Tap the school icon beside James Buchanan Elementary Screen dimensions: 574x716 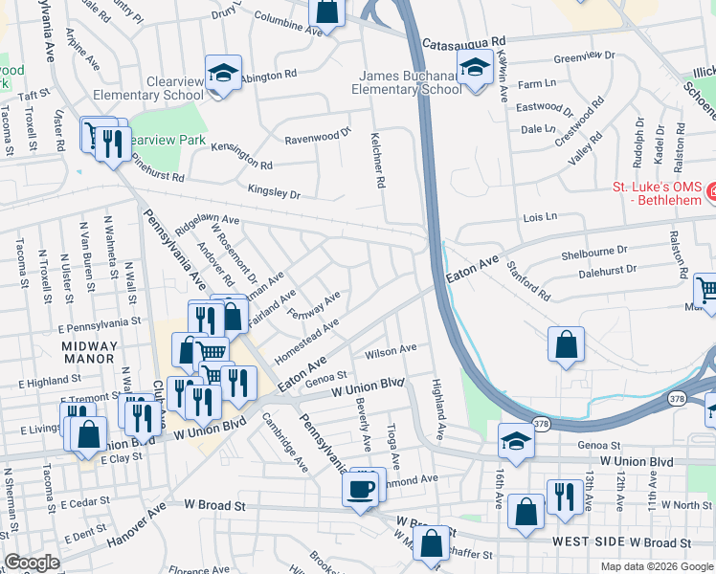pos(474,69)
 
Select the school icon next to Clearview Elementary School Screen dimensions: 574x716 pos(224,74)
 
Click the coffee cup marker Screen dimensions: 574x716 pos(360,490)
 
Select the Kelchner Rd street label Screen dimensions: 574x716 pos(380,161)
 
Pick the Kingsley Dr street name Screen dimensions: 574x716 pos(274,193)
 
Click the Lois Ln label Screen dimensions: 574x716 pos(540,218)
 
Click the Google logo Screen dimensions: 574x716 pos(32,563)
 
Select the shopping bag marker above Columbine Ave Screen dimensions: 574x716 pos(326,11)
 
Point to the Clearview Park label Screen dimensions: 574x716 pos(168,139)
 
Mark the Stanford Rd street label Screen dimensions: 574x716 pos(528,280)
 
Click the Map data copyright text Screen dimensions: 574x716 pos(656,566)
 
